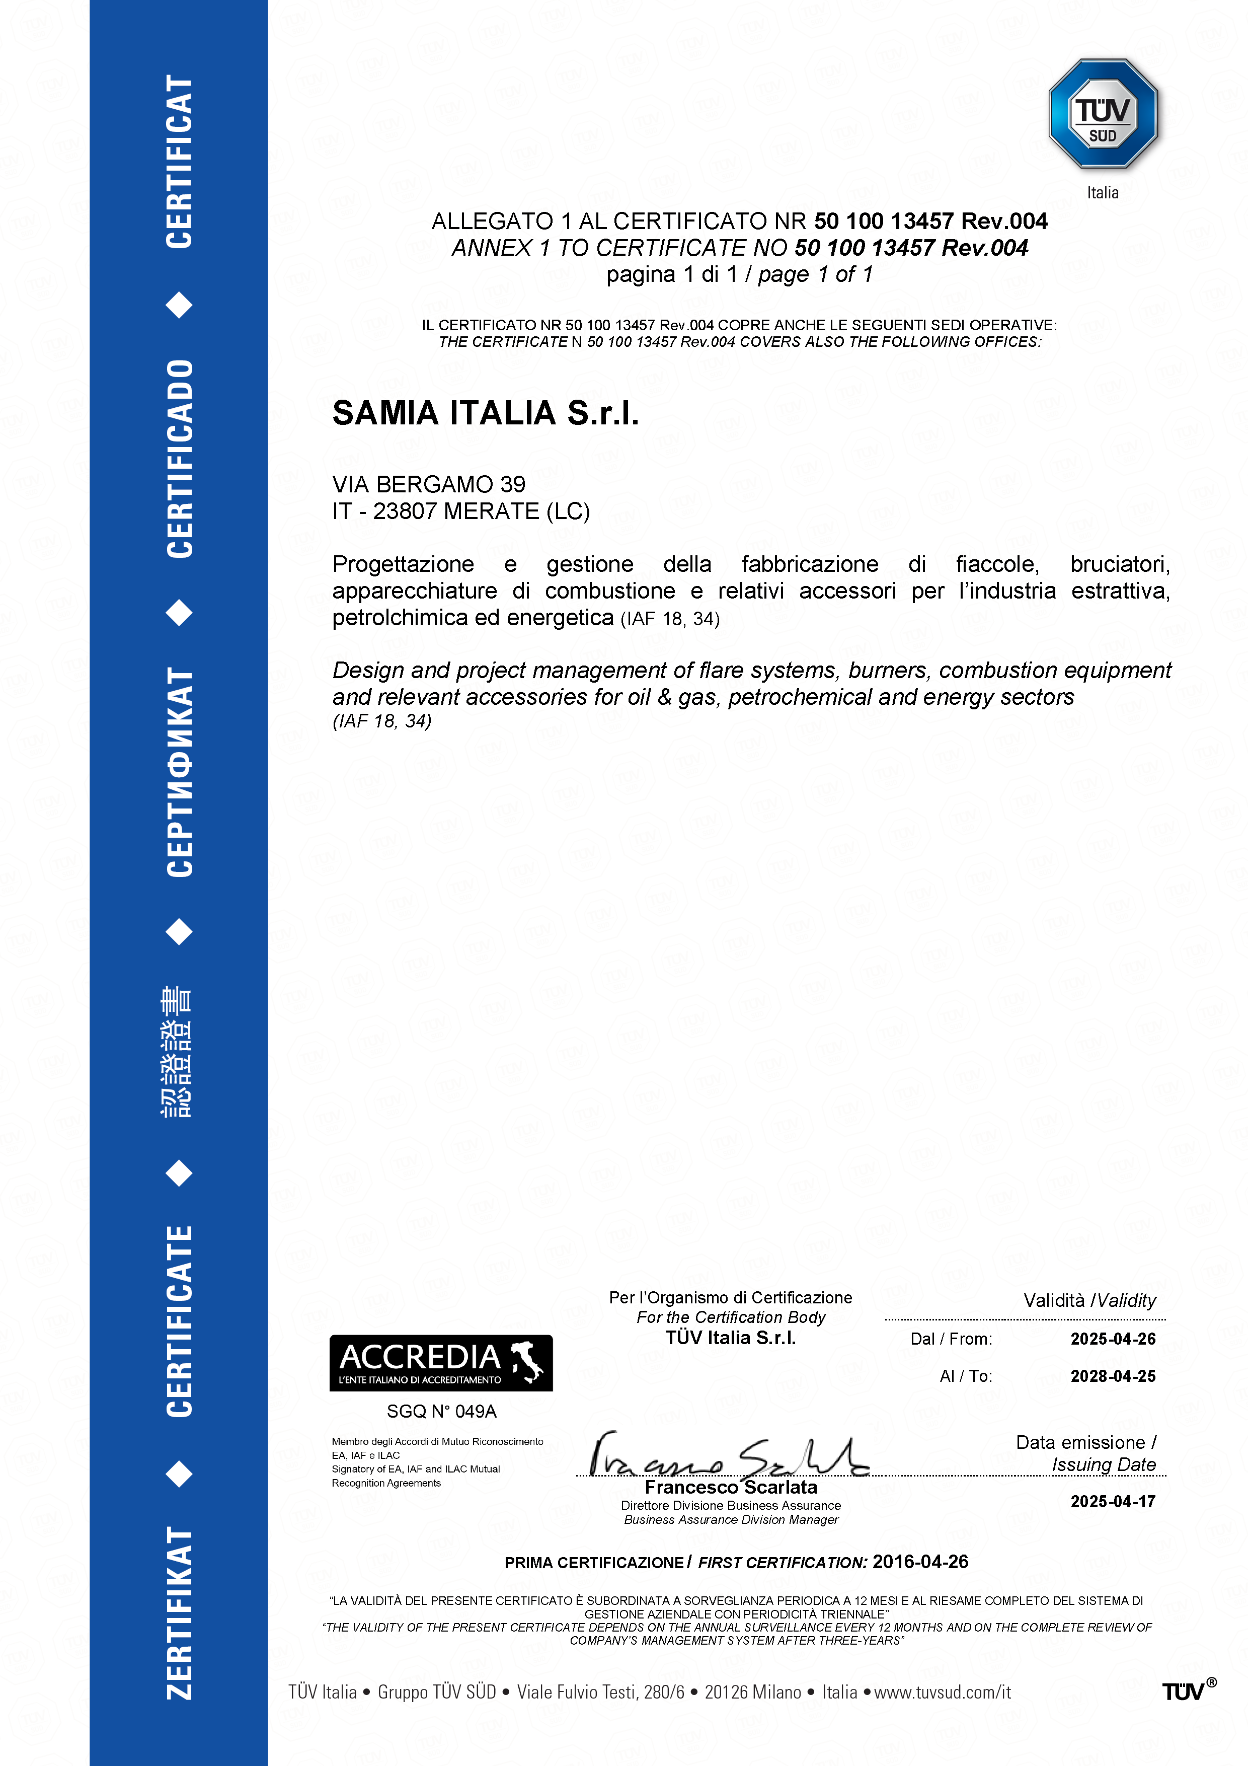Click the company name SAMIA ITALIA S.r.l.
485,413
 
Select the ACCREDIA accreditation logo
441,1363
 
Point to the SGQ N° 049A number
441,1412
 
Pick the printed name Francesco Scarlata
731,1488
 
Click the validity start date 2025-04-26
1113,1339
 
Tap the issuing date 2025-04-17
1113,1501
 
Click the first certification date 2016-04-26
920,1562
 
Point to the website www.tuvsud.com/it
942,1692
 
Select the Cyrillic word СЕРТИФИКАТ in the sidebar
179,771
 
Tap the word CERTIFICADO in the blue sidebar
179,459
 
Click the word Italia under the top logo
1103,192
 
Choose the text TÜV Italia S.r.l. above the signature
731,1338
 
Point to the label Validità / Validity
1089,1301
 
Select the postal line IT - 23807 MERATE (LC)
460,511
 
